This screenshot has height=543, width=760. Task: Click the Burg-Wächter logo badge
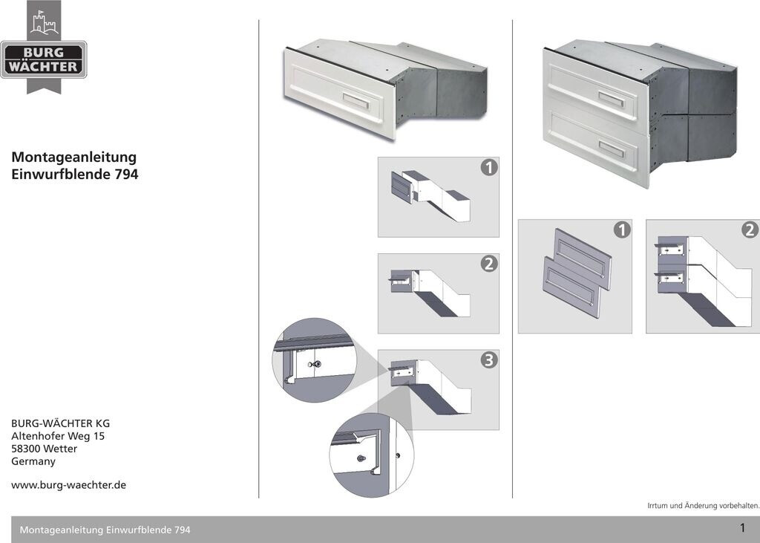tap(44, 59)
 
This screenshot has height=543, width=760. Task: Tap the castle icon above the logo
tap(44, 22)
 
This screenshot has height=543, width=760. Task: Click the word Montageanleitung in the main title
tap(73, 157)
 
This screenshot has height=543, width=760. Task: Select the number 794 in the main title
tap(126, 175)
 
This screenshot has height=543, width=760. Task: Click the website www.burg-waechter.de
tap(68, 485)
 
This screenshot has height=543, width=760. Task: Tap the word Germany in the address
tap(33, 461)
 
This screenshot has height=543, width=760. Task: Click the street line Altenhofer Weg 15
tap(58, 436)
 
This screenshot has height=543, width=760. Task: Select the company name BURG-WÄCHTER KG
tap(61, 423)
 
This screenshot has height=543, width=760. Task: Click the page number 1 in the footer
tap(742, 527)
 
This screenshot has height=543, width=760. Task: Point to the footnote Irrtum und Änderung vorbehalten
tap(704, 506)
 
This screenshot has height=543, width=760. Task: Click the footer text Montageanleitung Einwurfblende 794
tap(105, 530)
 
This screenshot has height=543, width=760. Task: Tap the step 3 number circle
tap(489, 360)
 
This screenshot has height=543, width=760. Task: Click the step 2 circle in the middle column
tap(489, 264)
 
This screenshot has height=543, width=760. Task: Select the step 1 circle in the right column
tap(622, 230)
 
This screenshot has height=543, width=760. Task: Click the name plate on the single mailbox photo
tap(356, 102)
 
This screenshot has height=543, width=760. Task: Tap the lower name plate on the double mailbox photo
tap(612, 149)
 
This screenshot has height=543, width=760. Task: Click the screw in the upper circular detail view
tap(317, 364)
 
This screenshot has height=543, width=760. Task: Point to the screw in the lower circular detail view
tap(361, 458)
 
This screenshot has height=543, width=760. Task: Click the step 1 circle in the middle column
tap(489, 167)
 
